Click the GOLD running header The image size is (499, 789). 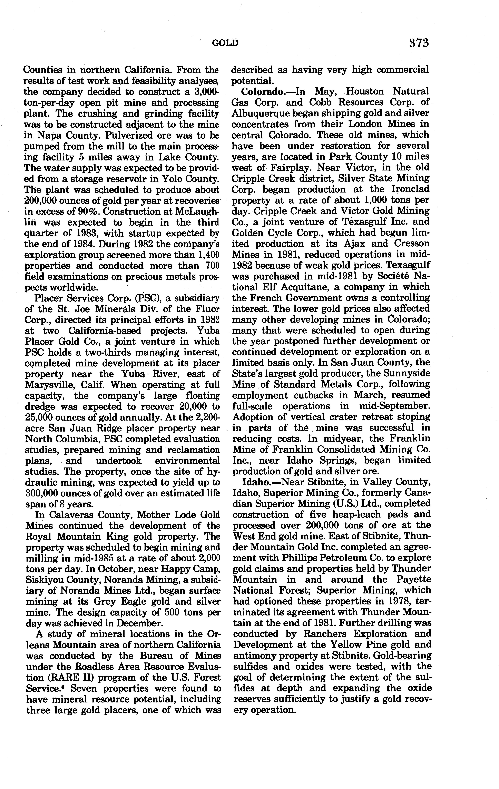pyautogui.click(x=225, y=43)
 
